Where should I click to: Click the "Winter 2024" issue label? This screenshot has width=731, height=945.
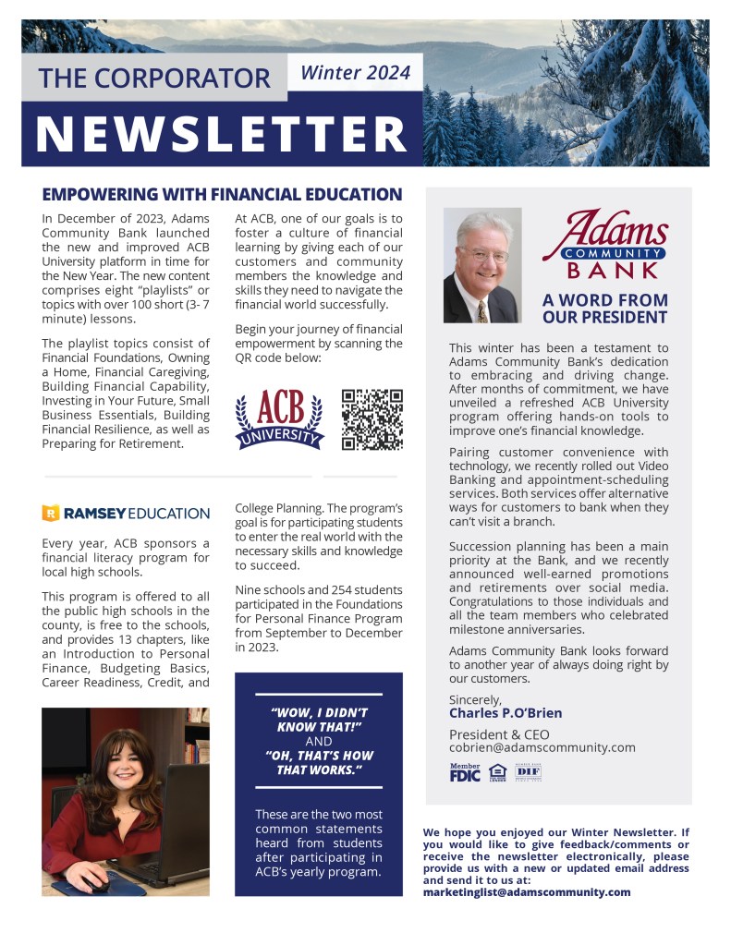356,73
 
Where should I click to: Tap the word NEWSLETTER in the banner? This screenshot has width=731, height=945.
222,133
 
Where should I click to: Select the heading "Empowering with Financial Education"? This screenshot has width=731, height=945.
222,195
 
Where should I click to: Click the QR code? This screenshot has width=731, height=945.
372,419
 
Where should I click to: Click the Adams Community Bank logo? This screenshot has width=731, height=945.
604,244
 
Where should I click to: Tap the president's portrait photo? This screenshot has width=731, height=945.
482,265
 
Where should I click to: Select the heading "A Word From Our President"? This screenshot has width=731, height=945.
604,309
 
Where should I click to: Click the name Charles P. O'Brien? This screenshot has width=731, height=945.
506,713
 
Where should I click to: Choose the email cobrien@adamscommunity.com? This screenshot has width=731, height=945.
542,747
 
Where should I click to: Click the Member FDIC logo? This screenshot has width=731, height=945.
465,773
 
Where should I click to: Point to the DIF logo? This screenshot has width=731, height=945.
528,772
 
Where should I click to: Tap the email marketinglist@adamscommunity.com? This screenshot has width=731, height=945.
527,892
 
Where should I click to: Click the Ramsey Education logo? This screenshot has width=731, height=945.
126,513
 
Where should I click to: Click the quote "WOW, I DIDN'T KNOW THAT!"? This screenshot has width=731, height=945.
318,720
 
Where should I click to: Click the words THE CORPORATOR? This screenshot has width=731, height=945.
154,78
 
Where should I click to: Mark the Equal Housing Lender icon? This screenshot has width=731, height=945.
497,773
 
